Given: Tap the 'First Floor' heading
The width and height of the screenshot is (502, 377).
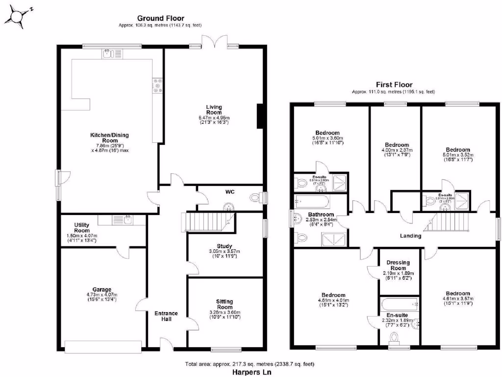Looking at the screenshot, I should pos(394,85).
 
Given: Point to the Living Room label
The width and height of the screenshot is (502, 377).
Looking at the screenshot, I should pos(214,109).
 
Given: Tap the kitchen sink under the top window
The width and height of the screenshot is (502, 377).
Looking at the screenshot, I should pos(108,54).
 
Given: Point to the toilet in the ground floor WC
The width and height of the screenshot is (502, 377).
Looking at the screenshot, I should pos(255,198).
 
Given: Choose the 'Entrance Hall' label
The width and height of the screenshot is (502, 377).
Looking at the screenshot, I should pos(166,317).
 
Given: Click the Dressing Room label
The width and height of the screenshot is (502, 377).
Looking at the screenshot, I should pos(398,265).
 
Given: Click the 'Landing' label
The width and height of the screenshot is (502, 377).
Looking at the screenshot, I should pos(410,236).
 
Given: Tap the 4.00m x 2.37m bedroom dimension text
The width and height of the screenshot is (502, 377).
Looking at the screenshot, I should pos(397,150).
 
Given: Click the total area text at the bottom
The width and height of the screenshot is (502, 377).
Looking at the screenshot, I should pos(249,364).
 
